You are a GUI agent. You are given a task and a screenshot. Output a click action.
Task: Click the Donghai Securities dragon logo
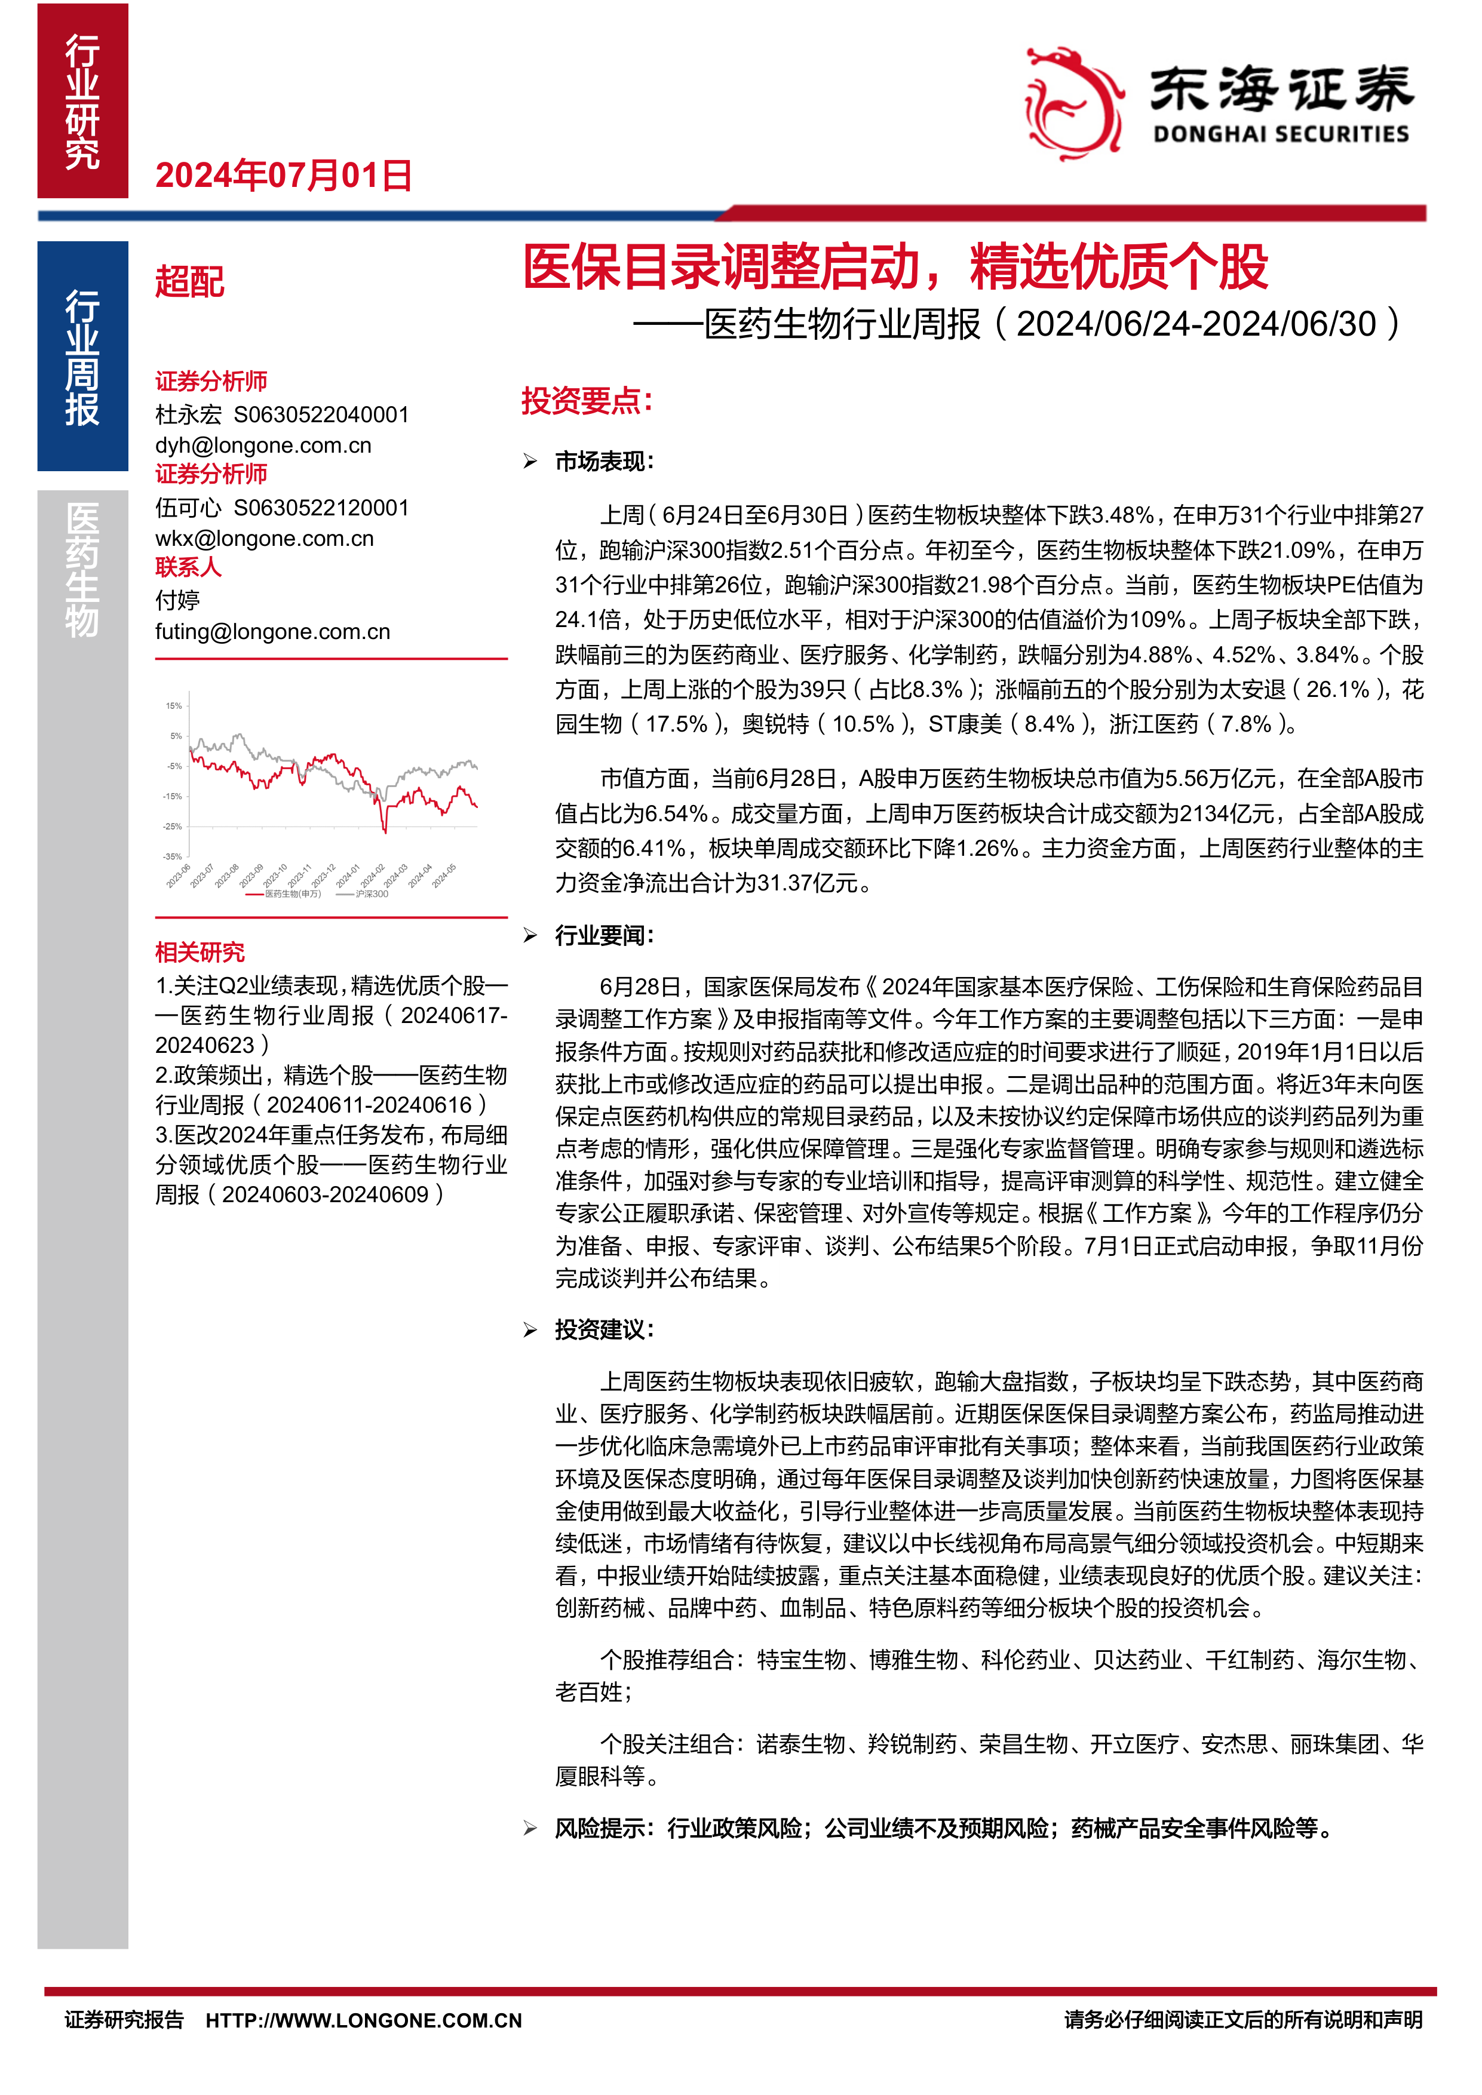click(x=1073, y=102)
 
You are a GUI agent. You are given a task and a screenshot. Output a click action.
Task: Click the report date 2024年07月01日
click(x=284, y=175)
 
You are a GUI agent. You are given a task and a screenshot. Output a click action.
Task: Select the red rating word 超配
click(x=190, y=281)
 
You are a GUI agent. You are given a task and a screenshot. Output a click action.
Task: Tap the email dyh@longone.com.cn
click(x=263, y=446)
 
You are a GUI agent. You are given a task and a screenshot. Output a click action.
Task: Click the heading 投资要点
click(x=587, y=401)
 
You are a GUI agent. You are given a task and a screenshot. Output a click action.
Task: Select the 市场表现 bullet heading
click(x=604, y=462)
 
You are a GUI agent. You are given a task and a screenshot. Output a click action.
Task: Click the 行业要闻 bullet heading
click(x=604, y=935)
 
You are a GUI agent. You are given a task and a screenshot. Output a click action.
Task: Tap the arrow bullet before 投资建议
click(x=530, y=1331)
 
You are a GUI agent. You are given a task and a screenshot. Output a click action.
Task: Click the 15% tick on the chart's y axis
click(x=173, y=705)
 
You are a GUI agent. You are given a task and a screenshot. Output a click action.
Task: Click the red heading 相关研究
click(x=200, y=953)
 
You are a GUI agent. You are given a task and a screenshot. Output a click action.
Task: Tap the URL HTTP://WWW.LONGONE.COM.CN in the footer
click(x=363, y=2020)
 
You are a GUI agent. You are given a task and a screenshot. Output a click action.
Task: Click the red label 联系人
click(x=188, y=567)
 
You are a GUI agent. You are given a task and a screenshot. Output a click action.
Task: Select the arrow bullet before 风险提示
click(x=530, y=1829)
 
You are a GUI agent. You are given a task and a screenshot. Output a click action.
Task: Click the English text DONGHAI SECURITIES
click(x=1280, y=135)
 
